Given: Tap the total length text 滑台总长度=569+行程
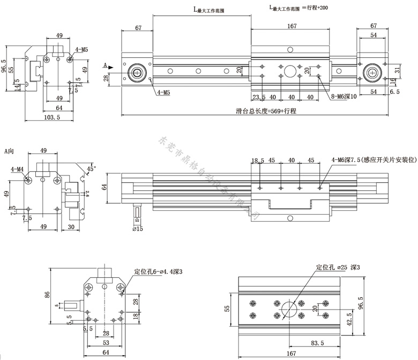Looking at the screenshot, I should tap(266, 111).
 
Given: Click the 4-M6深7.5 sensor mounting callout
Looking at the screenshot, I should tap(374, 159).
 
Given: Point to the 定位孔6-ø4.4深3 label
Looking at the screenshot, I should tap(159, 272).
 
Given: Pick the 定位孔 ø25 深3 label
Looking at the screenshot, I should tap(338, 267).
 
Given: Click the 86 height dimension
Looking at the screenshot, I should tap(47, 295).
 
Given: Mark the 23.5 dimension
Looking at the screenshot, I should tap(259, 97).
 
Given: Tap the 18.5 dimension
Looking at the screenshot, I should tap(258, 160).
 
